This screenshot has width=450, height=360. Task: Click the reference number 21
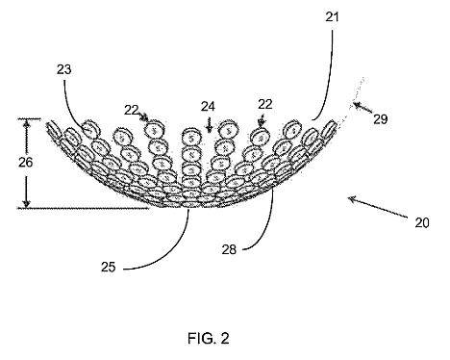[x=332, y=16]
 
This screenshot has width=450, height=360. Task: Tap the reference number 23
[x=64, y=69]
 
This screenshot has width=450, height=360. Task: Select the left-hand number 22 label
[x=131, y=111]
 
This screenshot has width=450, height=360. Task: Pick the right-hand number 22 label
[x=265, y=104]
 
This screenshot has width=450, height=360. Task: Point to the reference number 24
[x=208, y=106]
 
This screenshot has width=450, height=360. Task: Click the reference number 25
[x=108, y=267]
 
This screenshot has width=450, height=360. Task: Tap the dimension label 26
[x=25, y=163]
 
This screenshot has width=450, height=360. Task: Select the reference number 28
[x=229, y=249]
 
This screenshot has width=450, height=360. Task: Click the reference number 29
[x=381, y=119]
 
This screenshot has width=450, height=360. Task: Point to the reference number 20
[x=422, y=222]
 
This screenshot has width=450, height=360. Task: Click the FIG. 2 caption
[x=209, y=338]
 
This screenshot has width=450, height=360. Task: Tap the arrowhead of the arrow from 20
[x=351, y=199]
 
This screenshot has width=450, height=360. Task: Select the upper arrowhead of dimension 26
[x=27, y=122]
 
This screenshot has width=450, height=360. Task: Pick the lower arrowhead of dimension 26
[x=27, y=204]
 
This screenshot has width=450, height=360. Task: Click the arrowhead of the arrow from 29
[x=356, y=104]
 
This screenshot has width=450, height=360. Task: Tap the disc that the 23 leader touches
[x=89, y=129]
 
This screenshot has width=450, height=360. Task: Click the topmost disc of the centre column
[x=191, y=138]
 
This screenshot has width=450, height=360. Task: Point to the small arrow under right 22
[x=262, y=121]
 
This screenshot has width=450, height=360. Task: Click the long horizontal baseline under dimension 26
[x=83, y=208]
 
